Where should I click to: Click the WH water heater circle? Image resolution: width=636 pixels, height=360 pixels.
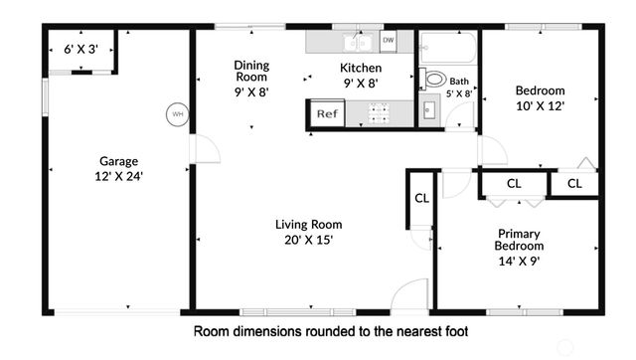click(x=178, y=113)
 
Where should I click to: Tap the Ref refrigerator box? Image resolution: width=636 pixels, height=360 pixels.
click(x=326, y=113)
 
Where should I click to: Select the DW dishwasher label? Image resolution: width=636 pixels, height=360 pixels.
click(x=388, y=41)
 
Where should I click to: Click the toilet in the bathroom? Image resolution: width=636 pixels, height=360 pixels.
click(x=433, y=79)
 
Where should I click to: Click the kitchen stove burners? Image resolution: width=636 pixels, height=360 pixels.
click(x=378, y=113)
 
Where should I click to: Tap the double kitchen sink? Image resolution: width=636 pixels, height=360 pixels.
click(x=355, y=42)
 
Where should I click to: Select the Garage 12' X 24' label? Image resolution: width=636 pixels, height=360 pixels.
click(x=118, y=168)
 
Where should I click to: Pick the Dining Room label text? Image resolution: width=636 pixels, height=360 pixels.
click(x=251, y=72)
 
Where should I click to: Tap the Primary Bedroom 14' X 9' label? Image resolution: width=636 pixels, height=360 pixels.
click(x=520, y=246)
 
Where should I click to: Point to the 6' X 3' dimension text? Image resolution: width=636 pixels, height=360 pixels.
click(x=81, y=48)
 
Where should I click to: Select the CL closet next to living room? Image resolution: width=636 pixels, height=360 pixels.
click(x=421, y=198)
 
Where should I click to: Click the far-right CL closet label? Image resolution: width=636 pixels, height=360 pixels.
click(x=575, y=184)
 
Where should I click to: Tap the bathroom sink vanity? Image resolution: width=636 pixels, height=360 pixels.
click(x=428, y=108)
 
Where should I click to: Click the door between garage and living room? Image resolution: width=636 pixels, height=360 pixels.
click(x=206, y=150)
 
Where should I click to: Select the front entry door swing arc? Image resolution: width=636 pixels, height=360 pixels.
click(x=408, y=295)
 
